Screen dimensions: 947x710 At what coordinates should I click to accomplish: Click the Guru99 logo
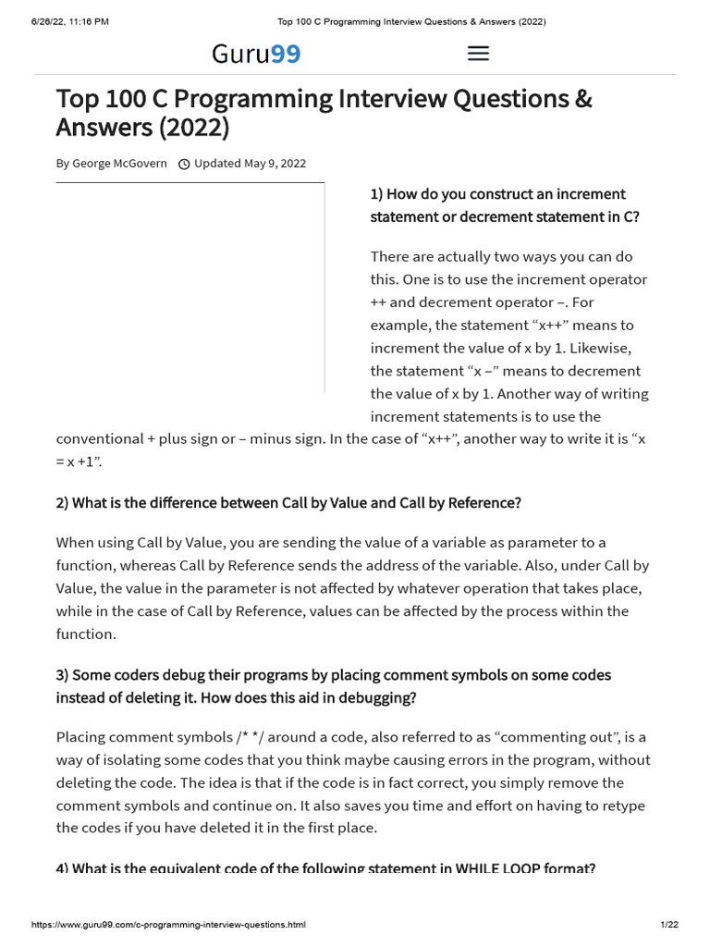pyautogui.click(x=256, y=55)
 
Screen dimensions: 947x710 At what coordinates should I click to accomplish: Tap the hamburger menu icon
pyautogui.click(x=478, y=54)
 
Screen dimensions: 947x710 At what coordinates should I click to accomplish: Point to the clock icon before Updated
pyautogui.click(x=184, y=165)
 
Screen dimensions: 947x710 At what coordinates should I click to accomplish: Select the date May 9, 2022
pyautogui.click(x=275, y=164)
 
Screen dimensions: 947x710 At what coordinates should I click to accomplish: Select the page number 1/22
pyautogui.click(x=669, y=925)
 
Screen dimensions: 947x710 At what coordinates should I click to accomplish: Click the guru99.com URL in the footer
pyautogui.click(x=169, y=925)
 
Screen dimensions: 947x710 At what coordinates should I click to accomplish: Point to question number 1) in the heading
pyautogui.click(x=376, y=194)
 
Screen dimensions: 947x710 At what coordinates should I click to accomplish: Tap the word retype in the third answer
pyautogui.click(x=623, y=806)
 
